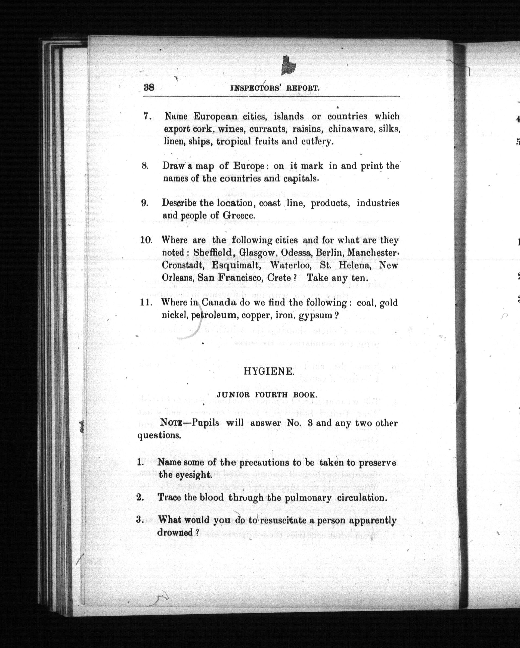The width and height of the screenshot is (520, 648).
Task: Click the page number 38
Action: tap(149, 88)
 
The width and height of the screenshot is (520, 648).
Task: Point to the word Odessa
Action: tap(295, 253)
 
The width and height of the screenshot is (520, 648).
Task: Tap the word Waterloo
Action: tap(288, 265)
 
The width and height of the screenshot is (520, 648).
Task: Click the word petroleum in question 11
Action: tap(213, 316)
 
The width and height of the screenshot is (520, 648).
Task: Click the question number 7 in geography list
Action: tap(147, 117)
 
